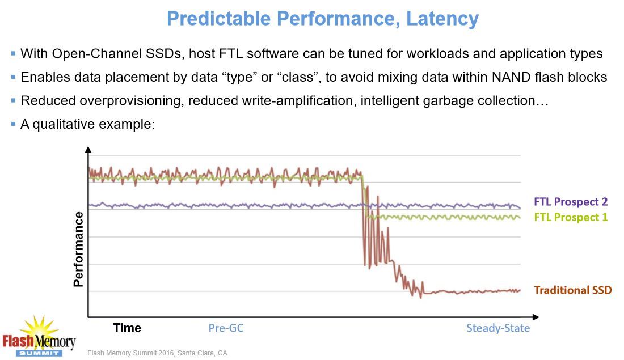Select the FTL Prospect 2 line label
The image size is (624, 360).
pos(570,202)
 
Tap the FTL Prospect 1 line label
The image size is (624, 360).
pos(570,217)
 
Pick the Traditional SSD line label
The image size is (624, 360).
pos(572,290)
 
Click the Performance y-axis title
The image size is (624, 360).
pos(79,248)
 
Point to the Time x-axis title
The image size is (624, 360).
pos(127,328)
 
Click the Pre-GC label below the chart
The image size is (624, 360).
pos(226,328)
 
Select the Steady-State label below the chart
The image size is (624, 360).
pos(498,328)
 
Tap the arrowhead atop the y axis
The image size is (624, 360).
pos(88,150)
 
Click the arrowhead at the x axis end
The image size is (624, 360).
pos(536,317)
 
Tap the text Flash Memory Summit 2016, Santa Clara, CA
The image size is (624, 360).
pos(157,353)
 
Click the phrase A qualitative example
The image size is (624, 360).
pos(87,124)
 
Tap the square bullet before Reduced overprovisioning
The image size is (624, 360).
pos(13,100)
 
